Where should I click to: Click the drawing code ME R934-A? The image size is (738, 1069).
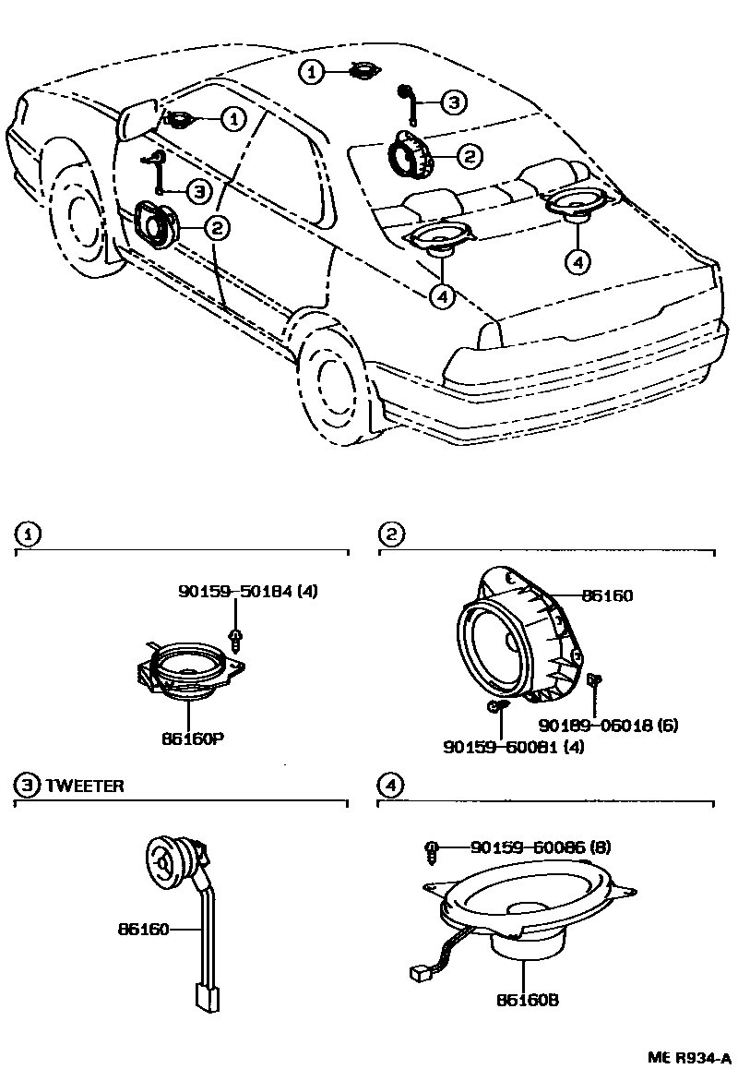coord(687,1057)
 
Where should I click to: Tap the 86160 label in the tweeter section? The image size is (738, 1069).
coord(143,929)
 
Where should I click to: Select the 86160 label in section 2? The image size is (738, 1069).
coord(607,596)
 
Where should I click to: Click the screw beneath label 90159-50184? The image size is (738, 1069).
coord(236,637)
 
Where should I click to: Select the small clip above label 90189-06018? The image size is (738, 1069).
coord(594,681)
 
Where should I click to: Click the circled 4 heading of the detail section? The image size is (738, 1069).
coord(391,786)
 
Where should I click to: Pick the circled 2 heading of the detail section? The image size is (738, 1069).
coord(391,534)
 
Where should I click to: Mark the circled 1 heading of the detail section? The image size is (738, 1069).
coord(29,534)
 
